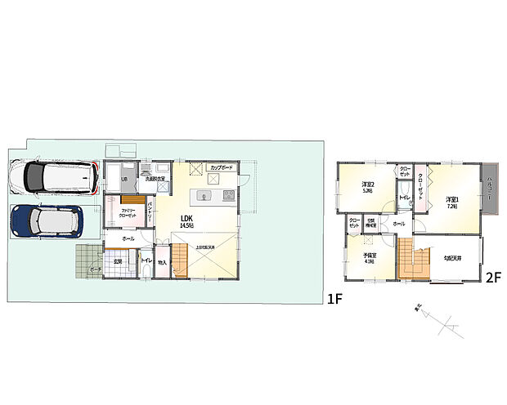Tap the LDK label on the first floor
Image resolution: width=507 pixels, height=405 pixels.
click(186, 218)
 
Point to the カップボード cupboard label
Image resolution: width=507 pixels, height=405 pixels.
click(222, 167)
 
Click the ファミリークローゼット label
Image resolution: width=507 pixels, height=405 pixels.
click(127, 213)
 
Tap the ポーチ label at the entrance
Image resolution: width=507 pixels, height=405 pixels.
click(96, 269)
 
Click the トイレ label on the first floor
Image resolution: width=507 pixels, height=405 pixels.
click(145, 261)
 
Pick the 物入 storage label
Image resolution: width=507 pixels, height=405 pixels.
click(162, 262)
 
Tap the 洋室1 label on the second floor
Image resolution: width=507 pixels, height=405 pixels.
click(451, 201)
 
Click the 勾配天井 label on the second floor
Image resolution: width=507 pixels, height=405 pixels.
click(453, 258)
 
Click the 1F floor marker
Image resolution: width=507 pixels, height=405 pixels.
click(334, 299)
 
